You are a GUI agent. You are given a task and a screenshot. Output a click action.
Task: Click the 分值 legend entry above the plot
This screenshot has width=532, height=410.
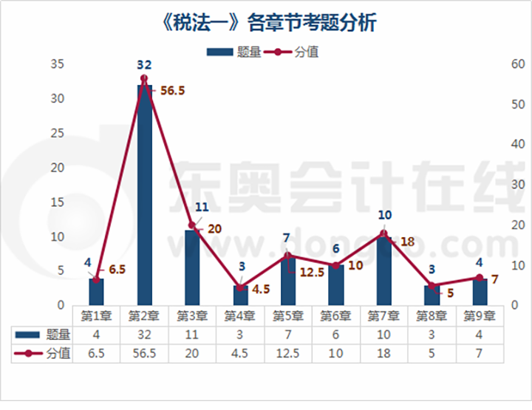[x=293, y=52]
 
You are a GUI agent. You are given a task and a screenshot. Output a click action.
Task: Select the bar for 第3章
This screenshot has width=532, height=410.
[x=192, y=266]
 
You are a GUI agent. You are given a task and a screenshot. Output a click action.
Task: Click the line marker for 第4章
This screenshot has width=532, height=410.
[x=240, y=287]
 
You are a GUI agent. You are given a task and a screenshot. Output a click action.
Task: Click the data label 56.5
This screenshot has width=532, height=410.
[x=172, y=91]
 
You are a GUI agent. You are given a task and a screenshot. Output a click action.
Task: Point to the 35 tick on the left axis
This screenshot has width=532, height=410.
[x=58, y=64]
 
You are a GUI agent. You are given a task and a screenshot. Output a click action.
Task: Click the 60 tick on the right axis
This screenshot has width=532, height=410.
[x=510, y=64]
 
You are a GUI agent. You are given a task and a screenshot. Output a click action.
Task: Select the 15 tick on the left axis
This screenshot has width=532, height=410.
[x=58, y=202]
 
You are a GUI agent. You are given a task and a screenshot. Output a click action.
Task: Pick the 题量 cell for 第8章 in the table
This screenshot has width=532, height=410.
[x=432, y=335]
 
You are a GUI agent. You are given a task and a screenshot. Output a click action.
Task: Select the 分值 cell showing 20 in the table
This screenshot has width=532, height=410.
[x=192, y=353]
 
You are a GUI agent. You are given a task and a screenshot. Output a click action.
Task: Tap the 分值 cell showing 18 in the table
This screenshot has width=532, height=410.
[x=383, y=353]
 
